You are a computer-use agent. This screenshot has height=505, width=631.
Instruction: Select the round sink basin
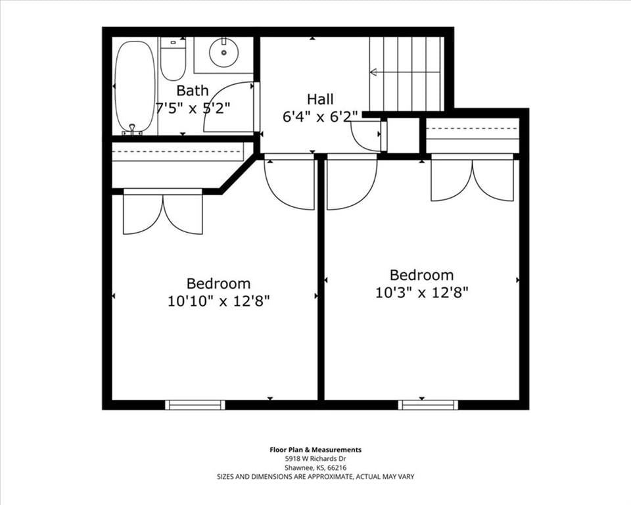point(223,53)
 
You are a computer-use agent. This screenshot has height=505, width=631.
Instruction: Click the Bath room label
point(193,90)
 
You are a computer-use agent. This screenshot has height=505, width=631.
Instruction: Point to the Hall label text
point(320,99)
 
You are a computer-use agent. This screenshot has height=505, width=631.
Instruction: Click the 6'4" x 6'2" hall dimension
point(320,116)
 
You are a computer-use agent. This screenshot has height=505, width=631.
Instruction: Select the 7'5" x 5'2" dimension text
point(193,108)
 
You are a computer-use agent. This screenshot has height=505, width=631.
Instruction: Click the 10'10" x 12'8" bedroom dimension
point(218,301)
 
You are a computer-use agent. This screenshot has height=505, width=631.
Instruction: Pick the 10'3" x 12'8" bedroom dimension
point(422,293)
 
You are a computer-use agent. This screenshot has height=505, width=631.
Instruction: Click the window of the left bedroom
point(195,405)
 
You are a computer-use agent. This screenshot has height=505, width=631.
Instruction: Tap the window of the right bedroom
point(428,405)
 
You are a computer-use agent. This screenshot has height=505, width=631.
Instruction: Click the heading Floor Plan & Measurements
point(315,450)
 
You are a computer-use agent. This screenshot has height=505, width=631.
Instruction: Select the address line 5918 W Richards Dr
point(315,459)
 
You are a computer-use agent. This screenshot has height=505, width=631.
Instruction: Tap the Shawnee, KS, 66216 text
point(315,468)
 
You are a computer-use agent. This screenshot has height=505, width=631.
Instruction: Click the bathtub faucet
point(132,128)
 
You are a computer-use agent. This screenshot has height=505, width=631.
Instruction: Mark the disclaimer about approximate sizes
point(315,477)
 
